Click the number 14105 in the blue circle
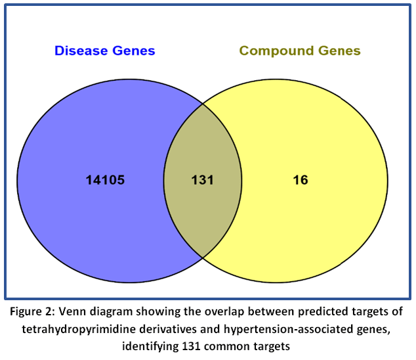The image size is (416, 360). (x=106, y=180)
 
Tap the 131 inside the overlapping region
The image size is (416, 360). (x=203, y=180)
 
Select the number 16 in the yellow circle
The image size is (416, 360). (x=301, y=180)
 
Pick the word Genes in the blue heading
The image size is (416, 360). (x=134, y=51)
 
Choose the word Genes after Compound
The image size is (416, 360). (x=339, y=51)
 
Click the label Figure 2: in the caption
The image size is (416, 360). (x=33, y=311)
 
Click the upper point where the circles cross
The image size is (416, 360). (x=203, y=104)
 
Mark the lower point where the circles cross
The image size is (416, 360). (x=203, y=258)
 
